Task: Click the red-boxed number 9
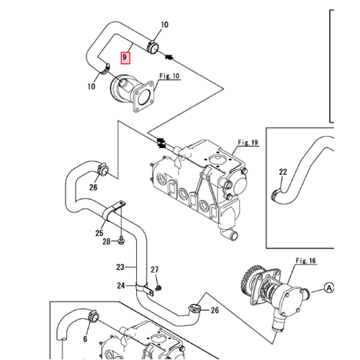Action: pos(125,55)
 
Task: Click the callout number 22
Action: pos(283,171)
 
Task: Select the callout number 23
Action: pos(120,266)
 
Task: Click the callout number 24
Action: pos(121,285)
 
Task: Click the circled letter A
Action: pos(329,287)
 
